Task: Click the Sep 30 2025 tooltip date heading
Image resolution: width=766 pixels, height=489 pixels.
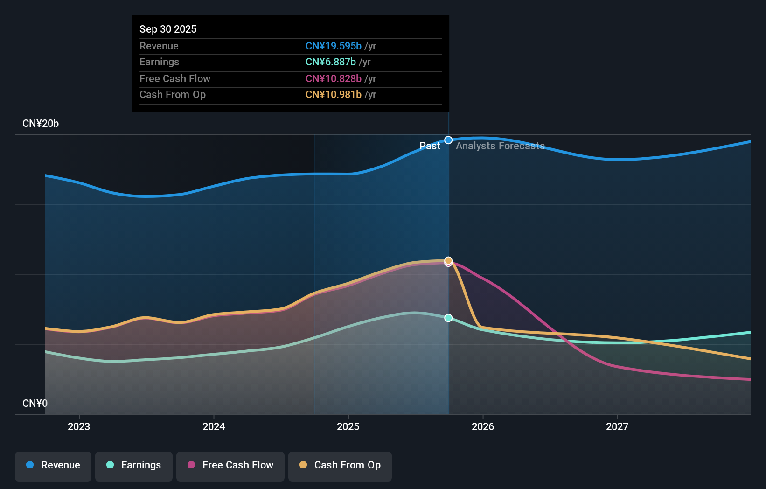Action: point(168,29)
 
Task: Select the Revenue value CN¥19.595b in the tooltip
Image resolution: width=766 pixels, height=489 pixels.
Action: point(333,46)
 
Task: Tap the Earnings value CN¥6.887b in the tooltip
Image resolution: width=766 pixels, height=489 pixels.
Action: point(330,62)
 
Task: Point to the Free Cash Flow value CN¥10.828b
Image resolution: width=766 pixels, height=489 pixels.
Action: point(333,78)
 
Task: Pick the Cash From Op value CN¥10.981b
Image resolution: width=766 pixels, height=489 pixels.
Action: point(333,95)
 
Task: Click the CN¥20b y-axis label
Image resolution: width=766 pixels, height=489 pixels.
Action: point(41,124)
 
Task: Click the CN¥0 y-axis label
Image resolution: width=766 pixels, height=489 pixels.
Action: point(35,403)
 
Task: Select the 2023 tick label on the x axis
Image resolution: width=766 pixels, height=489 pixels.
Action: point(79,426)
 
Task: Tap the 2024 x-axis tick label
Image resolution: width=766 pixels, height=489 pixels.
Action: point(214,426)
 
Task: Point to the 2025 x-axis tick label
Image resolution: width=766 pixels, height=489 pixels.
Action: point(348,426)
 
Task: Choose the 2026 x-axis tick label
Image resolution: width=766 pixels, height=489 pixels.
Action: point(483,426)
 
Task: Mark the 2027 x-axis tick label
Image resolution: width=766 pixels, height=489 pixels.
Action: point(617,426)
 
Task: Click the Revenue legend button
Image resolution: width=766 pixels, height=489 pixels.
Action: point(53,465)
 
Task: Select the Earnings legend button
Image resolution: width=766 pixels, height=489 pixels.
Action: point(134,465)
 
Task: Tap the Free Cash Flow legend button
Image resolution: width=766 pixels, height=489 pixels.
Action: point(230,465)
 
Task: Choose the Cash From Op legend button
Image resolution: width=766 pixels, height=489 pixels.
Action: point(340,465)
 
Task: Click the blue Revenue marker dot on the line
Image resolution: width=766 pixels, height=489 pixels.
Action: point(448,140)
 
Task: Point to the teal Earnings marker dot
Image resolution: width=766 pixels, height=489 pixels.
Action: point(448,318)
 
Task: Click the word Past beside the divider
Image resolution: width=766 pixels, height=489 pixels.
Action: point(430,146)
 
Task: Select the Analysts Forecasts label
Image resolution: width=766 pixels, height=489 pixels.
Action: point(500,146)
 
